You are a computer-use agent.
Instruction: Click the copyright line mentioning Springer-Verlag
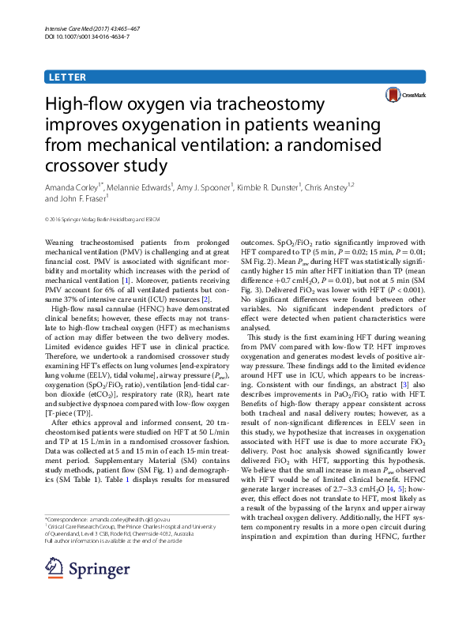[102, 218]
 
